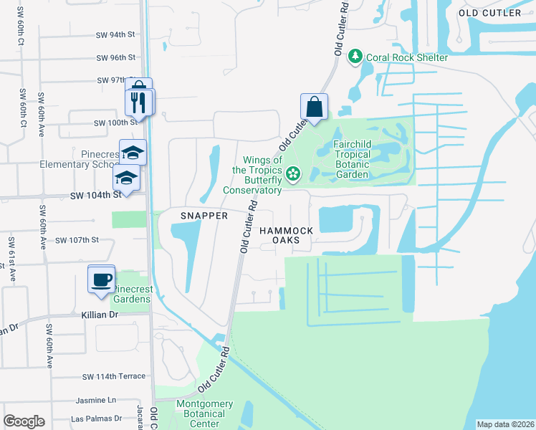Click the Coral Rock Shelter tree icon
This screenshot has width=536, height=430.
pos(355,57)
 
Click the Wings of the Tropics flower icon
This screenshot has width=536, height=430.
pos(292,173)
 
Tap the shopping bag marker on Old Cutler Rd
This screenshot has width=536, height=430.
pos(314,107)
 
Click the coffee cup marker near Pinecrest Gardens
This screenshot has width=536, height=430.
pos(101,278)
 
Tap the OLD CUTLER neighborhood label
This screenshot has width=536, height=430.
pos(490,13)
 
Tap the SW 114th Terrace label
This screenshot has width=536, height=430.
pos(113,376)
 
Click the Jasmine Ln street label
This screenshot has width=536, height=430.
pos(100,400)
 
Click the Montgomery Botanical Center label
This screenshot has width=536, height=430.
pos(204,414)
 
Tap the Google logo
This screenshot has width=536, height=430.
pos(24,421)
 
